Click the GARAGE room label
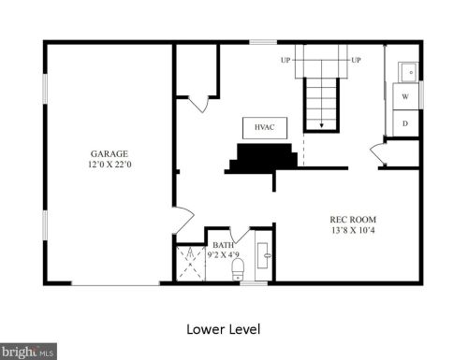point(110,153)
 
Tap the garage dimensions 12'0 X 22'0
point(110,165)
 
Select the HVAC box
point(265,128)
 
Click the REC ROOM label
point(353,220)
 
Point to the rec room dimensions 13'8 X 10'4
point(353,230)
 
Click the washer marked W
point(405,96)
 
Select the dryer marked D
point(405,123)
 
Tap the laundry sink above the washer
point(408,72)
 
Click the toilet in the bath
point(238,269)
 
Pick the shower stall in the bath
point(191,264)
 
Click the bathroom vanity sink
point(263,255)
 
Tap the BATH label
point(223,245)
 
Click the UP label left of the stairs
point(285,60)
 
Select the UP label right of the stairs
point(356,60)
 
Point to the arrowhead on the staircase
point(321,125)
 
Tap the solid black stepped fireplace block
point(262,158)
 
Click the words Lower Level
point(224,329)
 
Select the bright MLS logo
point(28,352)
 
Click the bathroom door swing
point(240,236)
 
